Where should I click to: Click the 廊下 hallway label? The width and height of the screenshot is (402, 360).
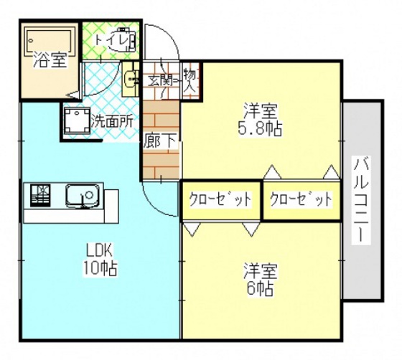[x=159, y=141]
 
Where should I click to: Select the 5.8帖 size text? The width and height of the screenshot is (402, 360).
[x=261, y=129]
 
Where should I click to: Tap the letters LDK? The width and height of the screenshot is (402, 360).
[x=98, y=252]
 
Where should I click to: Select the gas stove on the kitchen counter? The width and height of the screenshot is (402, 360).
[x=42, y=194]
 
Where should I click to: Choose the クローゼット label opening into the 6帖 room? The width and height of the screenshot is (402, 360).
[x=220, y=199]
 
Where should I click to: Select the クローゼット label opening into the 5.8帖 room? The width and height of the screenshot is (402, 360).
[x=301, y=199]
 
